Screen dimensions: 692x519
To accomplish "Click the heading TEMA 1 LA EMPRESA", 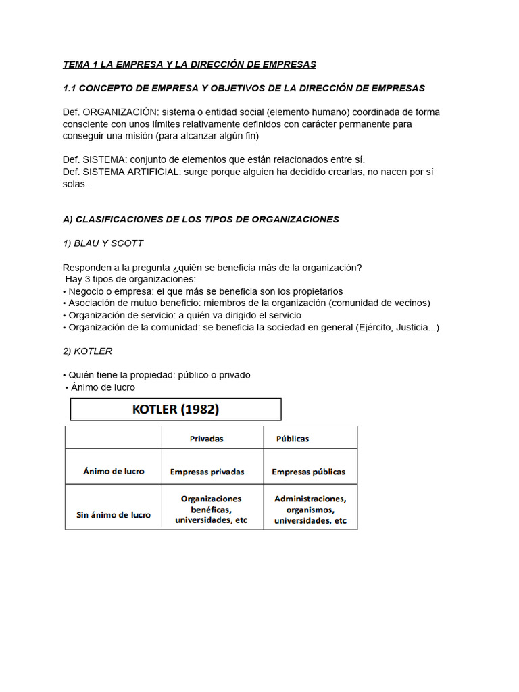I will click(189, 65).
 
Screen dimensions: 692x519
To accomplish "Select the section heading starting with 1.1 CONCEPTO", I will click(243, 89).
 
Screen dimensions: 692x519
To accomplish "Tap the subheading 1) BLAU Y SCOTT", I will click(103, 243).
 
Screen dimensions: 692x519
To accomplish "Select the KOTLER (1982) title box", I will click(176, 410).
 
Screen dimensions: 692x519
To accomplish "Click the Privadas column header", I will click(207, 439).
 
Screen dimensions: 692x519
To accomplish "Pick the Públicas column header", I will click(293, 439).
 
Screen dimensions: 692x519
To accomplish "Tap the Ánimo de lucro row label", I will click(114, 472).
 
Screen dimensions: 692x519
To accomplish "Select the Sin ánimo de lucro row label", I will click(114, 515).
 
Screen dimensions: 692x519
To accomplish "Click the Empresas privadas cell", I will click(207, 472).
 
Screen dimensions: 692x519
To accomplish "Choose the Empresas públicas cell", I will click(309, 472).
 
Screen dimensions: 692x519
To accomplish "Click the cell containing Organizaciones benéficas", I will click(211, 510).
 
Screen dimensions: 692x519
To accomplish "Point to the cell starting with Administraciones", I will click(310, 510).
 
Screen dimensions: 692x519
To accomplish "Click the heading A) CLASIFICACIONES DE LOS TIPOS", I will click(201, 220).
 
